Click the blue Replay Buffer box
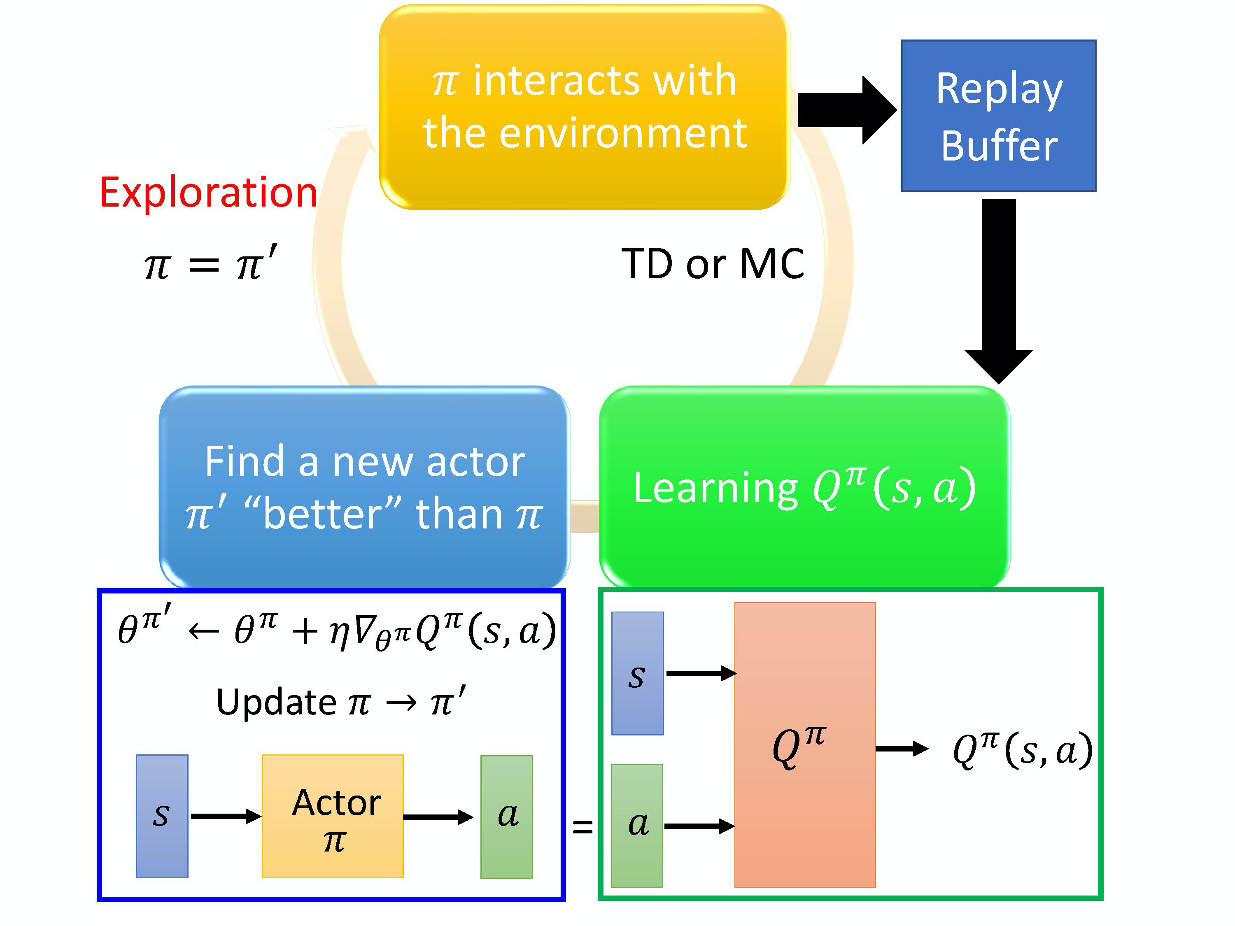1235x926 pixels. tap(998, 116)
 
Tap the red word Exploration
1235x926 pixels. tap(208, 193)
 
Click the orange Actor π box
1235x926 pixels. tap(333, 816)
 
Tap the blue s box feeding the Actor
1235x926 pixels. tap(162, 816)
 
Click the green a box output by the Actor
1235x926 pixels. tap(506, 817)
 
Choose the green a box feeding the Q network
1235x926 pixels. tap(636, 826)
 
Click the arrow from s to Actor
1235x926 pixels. tap(225, 817)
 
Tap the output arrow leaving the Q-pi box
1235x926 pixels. tap(901, 749)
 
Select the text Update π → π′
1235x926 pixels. tap(340, 702)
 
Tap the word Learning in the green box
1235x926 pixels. tap(715, 488)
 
